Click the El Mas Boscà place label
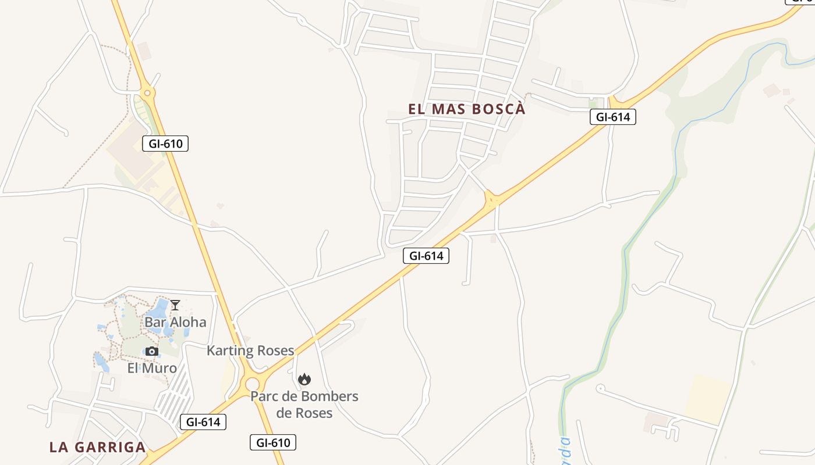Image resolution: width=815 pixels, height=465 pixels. [466, 109]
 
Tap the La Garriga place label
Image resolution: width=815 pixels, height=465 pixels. [97, 447]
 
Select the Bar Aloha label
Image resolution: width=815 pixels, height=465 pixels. [175, 322]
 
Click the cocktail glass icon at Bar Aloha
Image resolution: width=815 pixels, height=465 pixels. [175, 305]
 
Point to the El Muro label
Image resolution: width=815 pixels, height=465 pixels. [152, 367]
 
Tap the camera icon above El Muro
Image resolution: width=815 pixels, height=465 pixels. [152, 351]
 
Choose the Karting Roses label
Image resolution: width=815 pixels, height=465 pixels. [250, 350]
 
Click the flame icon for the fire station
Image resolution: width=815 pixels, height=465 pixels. [304, 380]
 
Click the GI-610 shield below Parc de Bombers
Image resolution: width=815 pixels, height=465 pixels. [273, 442]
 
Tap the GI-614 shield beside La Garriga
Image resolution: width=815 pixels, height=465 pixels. [203, 422]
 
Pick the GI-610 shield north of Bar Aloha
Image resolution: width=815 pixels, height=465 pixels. [165, 143]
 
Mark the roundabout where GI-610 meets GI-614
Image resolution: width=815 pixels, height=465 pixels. [252, 384]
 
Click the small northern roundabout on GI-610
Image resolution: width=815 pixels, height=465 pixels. [147, 92]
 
